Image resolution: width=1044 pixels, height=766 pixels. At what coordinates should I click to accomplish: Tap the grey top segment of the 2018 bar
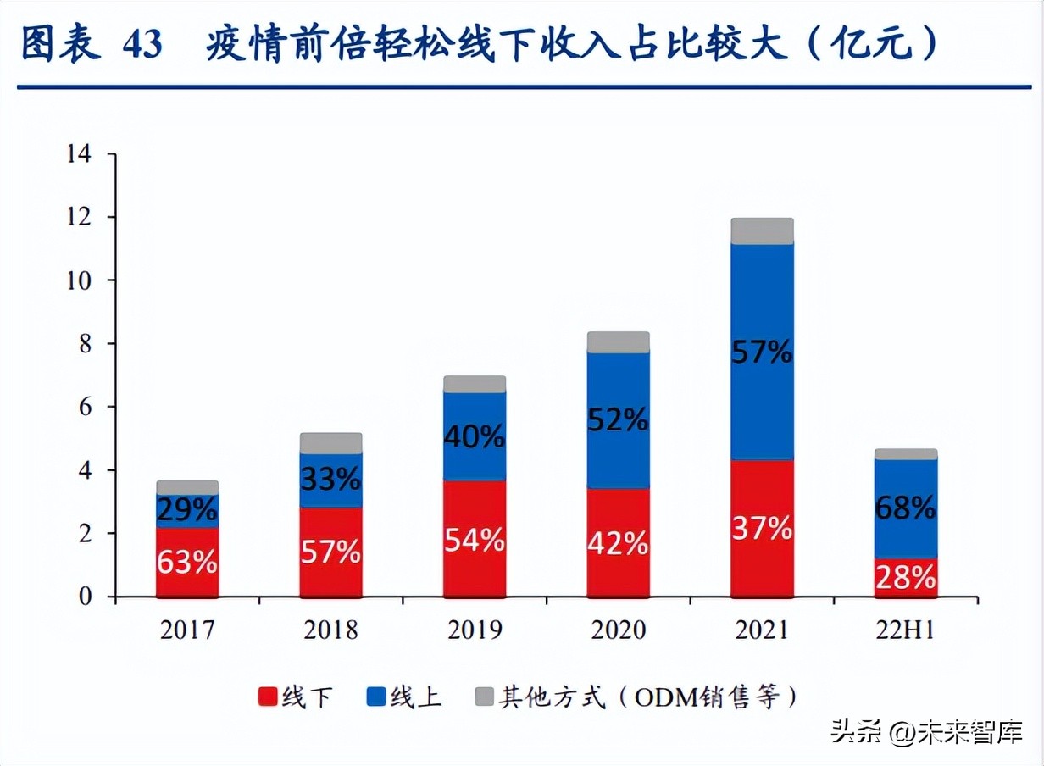(330, 443)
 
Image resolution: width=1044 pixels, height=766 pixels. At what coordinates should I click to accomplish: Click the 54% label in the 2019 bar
(475, 540)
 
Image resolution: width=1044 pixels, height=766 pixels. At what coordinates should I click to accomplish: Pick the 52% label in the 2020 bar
(619, 419)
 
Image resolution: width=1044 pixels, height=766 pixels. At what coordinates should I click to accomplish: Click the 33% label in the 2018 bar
(330, 480)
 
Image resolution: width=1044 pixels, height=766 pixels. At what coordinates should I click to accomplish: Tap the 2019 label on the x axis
(474, 630)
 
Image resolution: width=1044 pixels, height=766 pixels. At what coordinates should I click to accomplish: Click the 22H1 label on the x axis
(906, 630)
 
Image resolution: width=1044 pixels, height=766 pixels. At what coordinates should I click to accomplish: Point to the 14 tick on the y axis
(78, 154)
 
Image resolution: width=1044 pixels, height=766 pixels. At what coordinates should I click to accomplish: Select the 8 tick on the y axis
(86, 344)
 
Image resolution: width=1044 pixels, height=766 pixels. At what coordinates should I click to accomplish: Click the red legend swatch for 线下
(268, 697)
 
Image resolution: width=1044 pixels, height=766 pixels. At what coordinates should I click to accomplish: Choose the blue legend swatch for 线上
(376, 697)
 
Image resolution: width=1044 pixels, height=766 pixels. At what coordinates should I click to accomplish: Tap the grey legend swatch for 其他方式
(483, 697)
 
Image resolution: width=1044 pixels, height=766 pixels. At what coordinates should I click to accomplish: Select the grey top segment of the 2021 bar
(762, 230)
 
